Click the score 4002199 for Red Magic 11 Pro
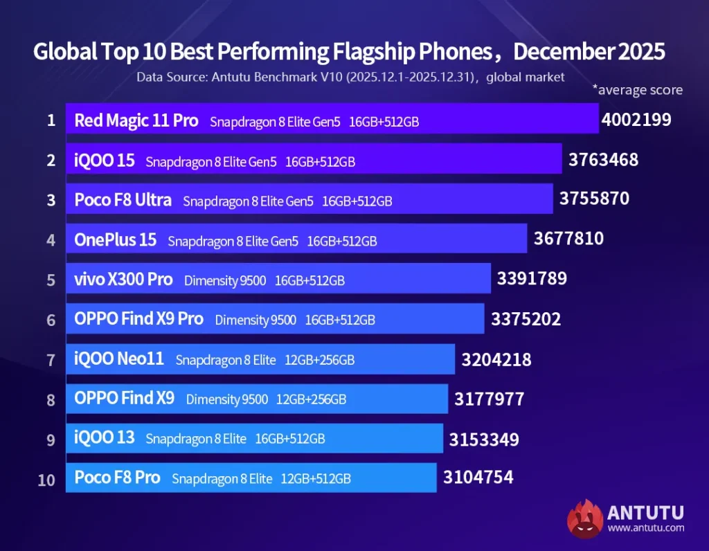636,120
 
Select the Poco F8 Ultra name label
123,200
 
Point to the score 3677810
568,239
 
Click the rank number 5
51,280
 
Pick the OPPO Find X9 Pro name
138,319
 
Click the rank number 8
51,399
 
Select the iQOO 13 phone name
105,438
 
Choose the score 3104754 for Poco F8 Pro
478,477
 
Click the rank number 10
46,479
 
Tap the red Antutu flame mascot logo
584,519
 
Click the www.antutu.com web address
645,528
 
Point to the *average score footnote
637,90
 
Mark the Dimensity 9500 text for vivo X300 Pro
225,280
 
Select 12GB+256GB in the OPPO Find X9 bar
311,399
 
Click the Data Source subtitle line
350,77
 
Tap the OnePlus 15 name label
116,240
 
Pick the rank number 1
51,120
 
